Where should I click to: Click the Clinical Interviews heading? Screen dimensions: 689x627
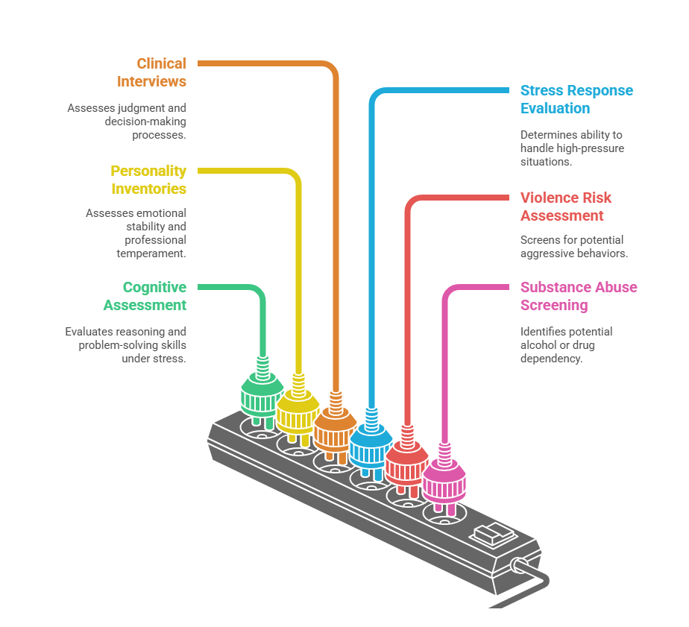151,72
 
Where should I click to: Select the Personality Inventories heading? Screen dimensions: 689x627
148,180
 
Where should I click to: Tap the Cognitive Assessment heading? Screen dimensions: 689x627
145,296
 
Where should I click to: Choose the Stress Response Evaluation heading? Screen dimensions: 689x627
576,99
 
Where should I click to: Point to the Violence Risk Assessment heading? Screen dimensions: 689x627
566,207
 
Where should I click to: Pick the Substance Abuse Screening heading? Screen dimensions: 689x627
579,296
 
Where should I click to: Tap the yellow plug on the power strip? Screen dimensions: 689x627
298,411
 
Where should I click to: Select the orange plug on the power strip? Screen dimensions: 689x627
336,429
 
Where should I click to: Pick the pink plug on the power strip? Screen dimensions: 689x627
444,480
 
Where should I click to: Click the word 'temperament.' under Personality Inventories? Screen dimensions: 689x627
151,253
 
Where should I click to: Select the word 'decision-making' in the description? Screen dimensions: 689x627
145,122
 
